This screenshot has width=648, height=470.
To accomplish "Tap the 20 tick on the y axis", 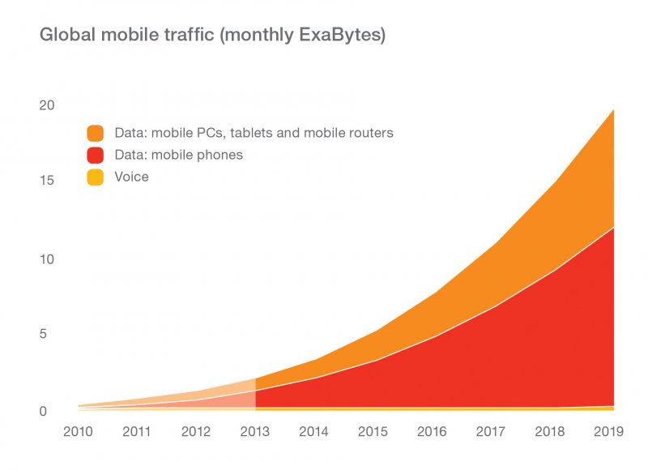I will coord(47,105).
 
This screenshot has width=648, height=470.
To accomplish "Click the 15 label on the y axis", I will coord(47,180).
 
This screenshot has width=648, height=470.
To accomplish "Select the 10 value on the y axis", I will coord(47,259).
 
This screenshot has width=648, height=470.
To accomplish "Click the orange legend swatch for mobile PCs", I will coord(96,133).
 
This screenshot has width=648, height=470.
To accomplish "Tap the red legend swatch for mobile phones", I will coord(96,155).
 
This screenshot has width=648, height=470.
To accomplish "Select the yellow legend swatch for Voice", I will coord(96,177).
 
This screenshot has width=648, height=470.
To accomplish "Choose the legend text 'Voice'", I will coord(131,177).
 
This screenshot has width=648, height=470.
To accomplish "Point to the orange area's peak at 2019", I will coord(612,109).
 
